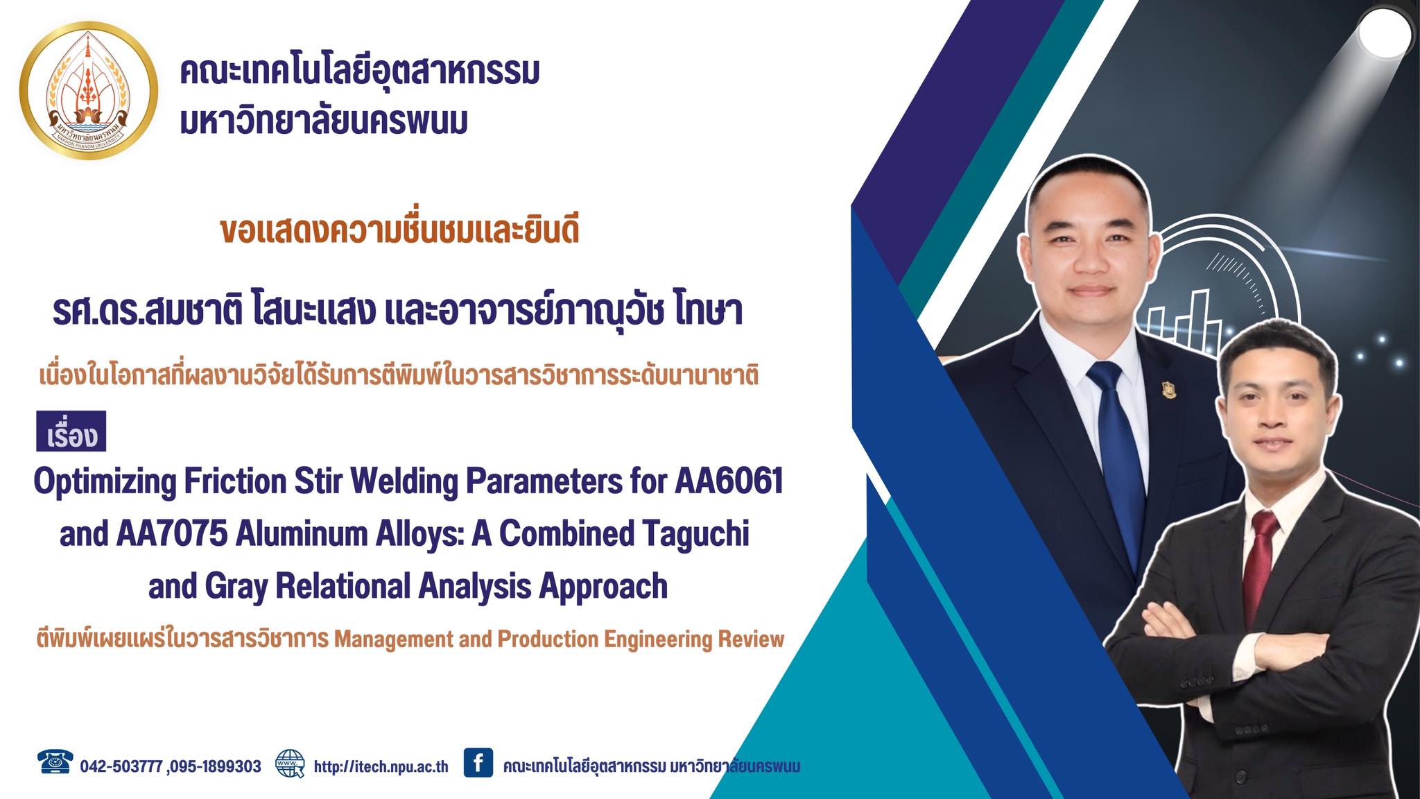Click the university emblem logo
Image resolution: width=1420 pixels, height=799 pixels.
(x=89, y=89)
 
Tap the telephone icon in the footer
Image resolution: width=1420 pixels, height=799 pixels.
(x=55, y=762)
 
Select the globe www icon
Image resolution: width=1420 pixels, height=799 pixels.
(x=290, y=763)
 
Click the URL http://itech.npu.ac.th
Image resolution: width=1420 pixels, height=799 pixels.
(x=381, y=766)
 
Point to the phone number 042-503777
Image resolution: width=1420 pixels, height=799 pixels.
(x=121, y=766)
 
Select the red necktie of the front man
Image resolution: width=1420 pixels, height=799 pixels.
(x=1259, y=562)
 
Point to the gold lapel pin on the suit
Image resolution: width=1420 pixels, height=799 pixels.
(x=1169, y=393)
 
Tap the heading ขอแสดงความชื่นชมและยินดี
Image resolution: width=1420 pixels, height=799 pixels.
(x=399, y=232)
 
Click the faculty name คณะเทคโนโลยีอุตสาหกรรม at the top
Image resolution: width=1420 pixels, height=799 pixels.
(x=359, y=72)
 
